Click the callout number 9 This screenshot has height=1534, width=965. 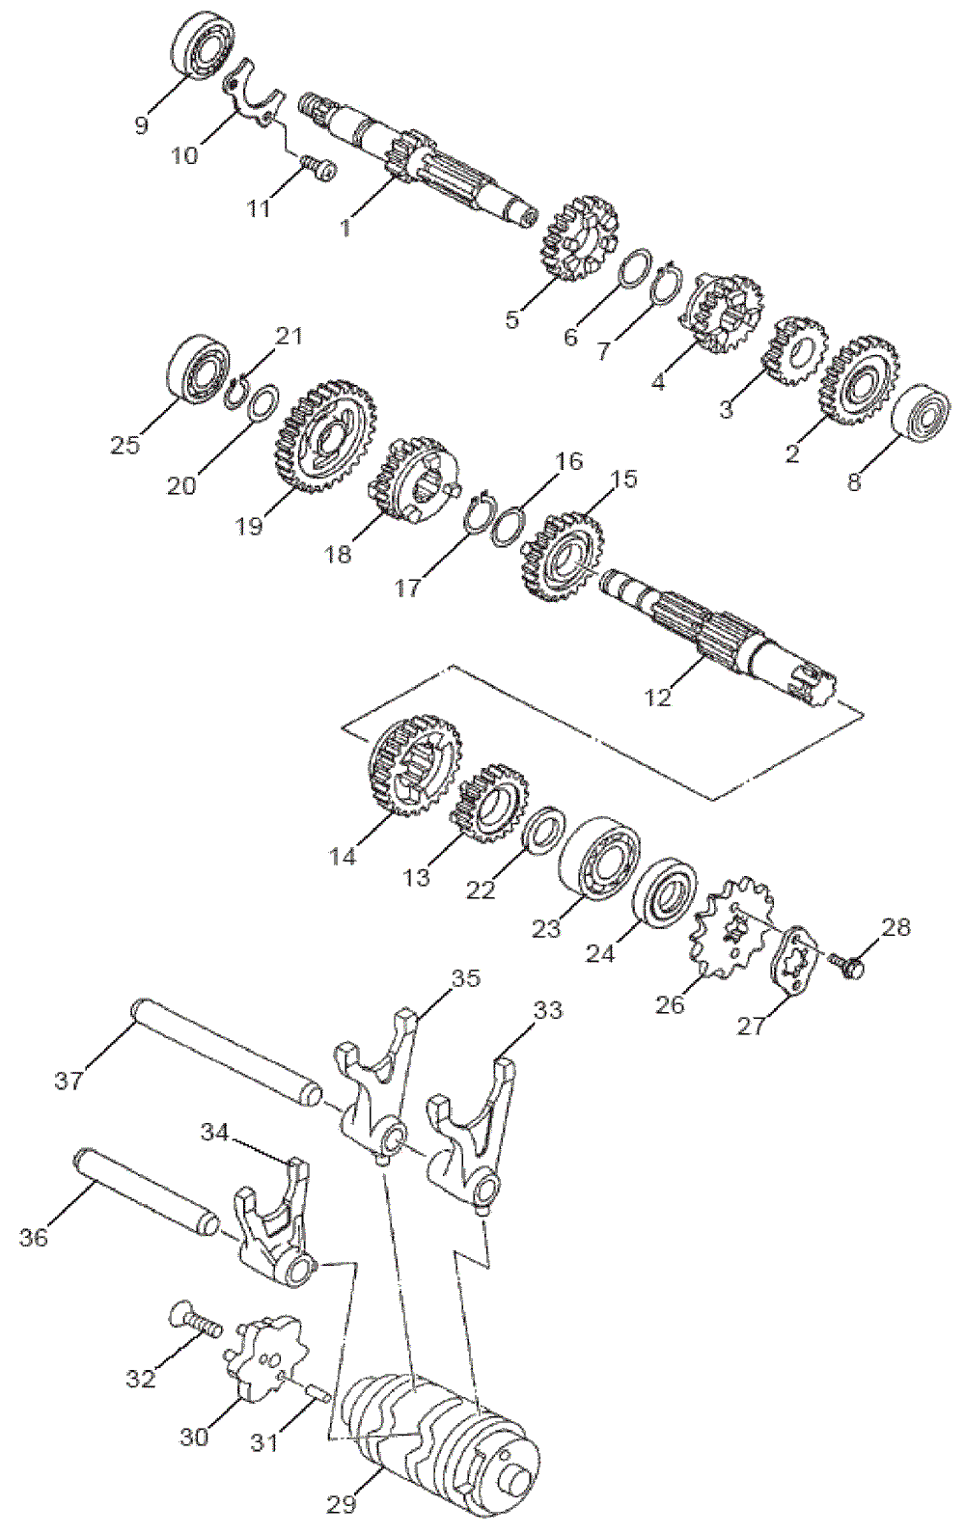(142, 126)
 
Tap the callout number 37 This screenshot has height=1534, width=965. (69, 1080)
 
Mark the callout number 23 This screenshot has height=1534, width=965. (545, 928)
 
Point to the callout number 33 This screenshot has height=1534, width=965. (547, 1010)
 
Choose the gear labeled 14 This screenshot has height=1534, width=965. (413, 764)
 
